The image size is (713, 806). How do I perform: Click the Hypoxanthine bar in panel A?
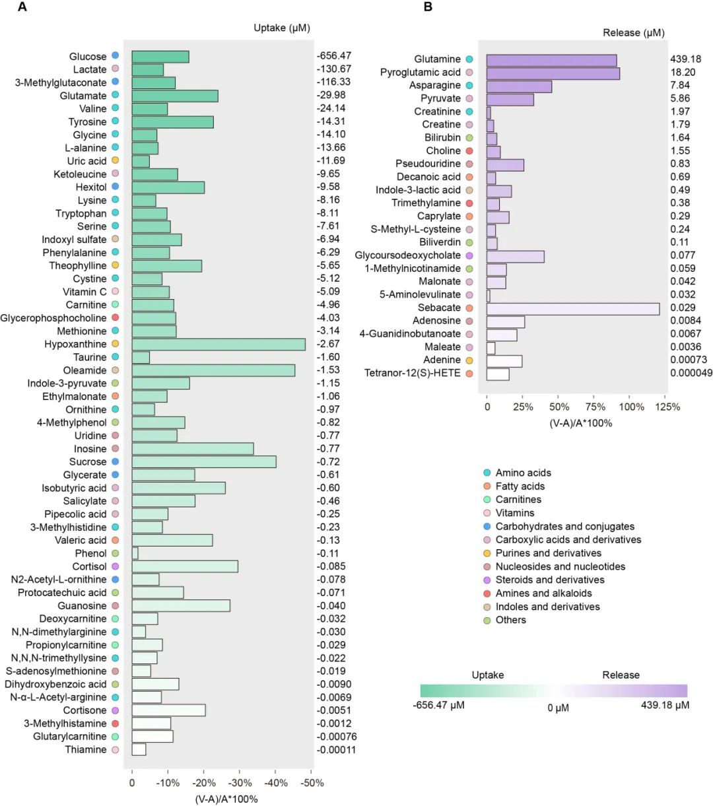click(x=218, y=344)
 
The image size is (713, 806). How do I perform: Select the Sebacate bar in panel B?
click(x=572, y=308)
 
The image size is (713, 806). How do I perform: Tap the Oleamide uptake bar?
click(x=213, y=370)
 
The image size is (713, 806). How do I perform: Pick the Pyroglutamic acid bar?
click(x=553, y=73)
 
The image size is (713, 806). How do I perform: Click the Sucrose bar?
click(x=203, y=462)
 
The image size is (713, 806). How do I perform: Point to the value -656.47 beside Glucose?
click(x=334, y=56)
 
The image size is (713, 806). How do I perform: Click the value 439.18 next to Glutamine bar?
click(x=685, y=59)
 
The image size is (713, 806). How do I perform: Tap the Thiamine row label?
click(x=85, y=750)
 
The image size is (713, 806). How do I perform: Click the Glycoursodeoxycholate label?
click(x=407, y=255)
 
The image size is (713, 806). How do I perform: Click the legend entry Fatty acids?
click(x=520, y=487)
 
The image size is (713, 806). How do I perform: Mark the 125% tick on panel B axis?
click(x=667, y=407)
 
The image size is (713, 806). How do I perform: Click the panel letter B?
click(x=428, y=7)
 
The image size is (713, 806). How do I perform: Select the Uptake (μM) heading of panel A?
click(x=282, y=28)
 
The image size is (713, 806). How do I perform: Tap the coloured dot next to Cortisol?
click(x=116, y=566)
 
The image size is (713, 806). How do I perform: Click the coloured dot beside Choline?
click(x=469, y=151)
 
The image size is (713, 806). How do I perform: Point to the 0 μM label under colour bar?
click(x=558, y=708)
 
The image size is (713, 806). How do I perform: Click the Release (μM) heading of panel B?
click(x=633, y=32)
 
